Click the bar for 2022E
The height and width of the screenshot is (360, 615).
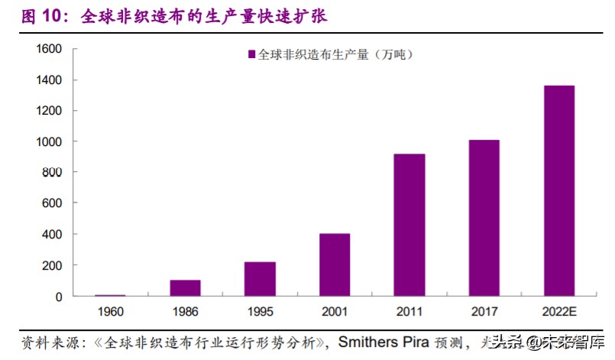[x=558, y=190]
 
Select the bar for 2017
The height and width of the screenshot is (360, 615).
[x=484, y=218]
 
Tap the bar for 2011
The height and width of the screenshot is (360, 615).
[x=409, y=225]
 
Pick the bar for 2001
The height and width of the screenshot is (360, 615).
[x=335, y=264]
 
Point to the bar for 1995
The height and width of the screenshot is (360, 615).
[x=260, y=278]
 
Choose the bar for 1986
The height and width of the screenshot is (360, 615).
[x=185, y=287]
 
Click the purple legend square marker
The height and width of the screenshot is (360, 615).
[x=251, y=55]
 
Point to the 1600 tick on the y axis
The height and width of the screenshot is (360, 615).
[x=48, y=49]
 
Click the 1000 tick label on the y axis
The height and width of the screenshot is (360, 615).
[x=48, y=141]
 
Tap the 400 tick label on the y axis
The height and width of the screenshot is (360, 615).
[x=51, y=234]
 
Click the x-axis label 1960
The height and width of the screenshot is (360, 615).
[x=110, y=313]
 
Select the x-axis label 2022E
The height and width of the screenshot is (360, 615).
[x=558, y=313]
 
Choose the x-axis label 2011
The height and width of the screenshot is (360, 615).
[x=409, y=313]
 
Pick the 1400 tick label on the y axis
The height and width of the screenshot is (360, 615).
[x=48, y=80]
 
